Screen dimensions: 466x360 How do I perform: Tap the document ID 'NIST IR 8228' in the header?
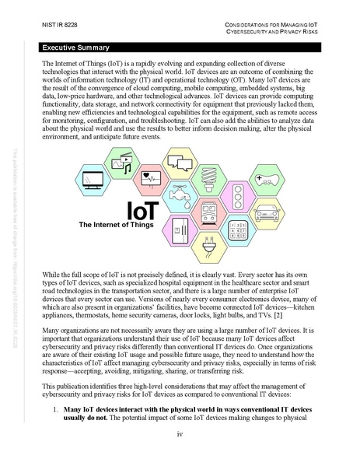(54, 25)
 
